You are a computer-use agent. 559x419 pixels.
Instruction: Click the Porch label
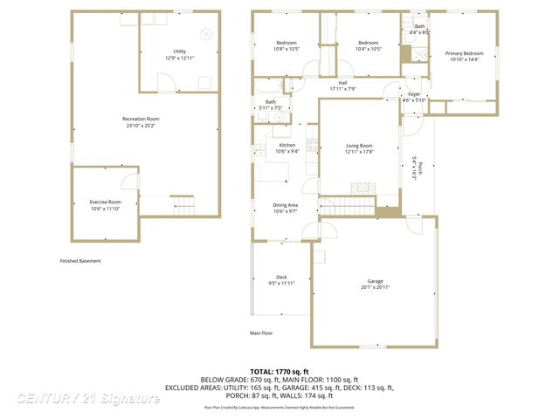(x=419, y=168)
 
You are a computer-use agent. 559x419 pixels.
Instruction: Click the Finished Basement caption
(x=80, y=261)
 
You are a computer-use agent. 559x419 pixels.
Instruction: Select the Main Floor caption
(x=261, y=333)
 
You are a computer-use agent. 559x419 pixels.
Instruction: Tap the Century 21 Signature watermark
(x=88, y=398)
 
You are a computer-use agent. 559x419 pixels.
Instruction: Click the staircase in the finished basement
(x=183, y=206)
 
